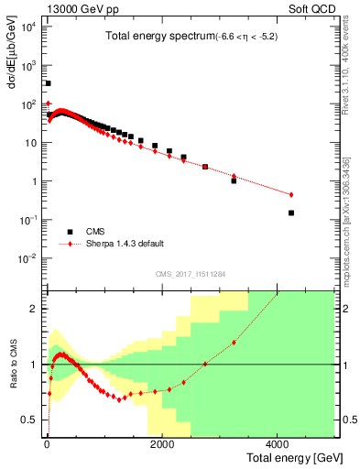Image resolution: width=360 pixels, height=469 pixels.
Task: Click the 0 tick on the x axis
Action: [x=46, y=445]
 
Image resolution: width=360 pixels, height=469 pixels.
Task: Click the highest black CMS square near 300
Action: [x=48, y=83]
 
